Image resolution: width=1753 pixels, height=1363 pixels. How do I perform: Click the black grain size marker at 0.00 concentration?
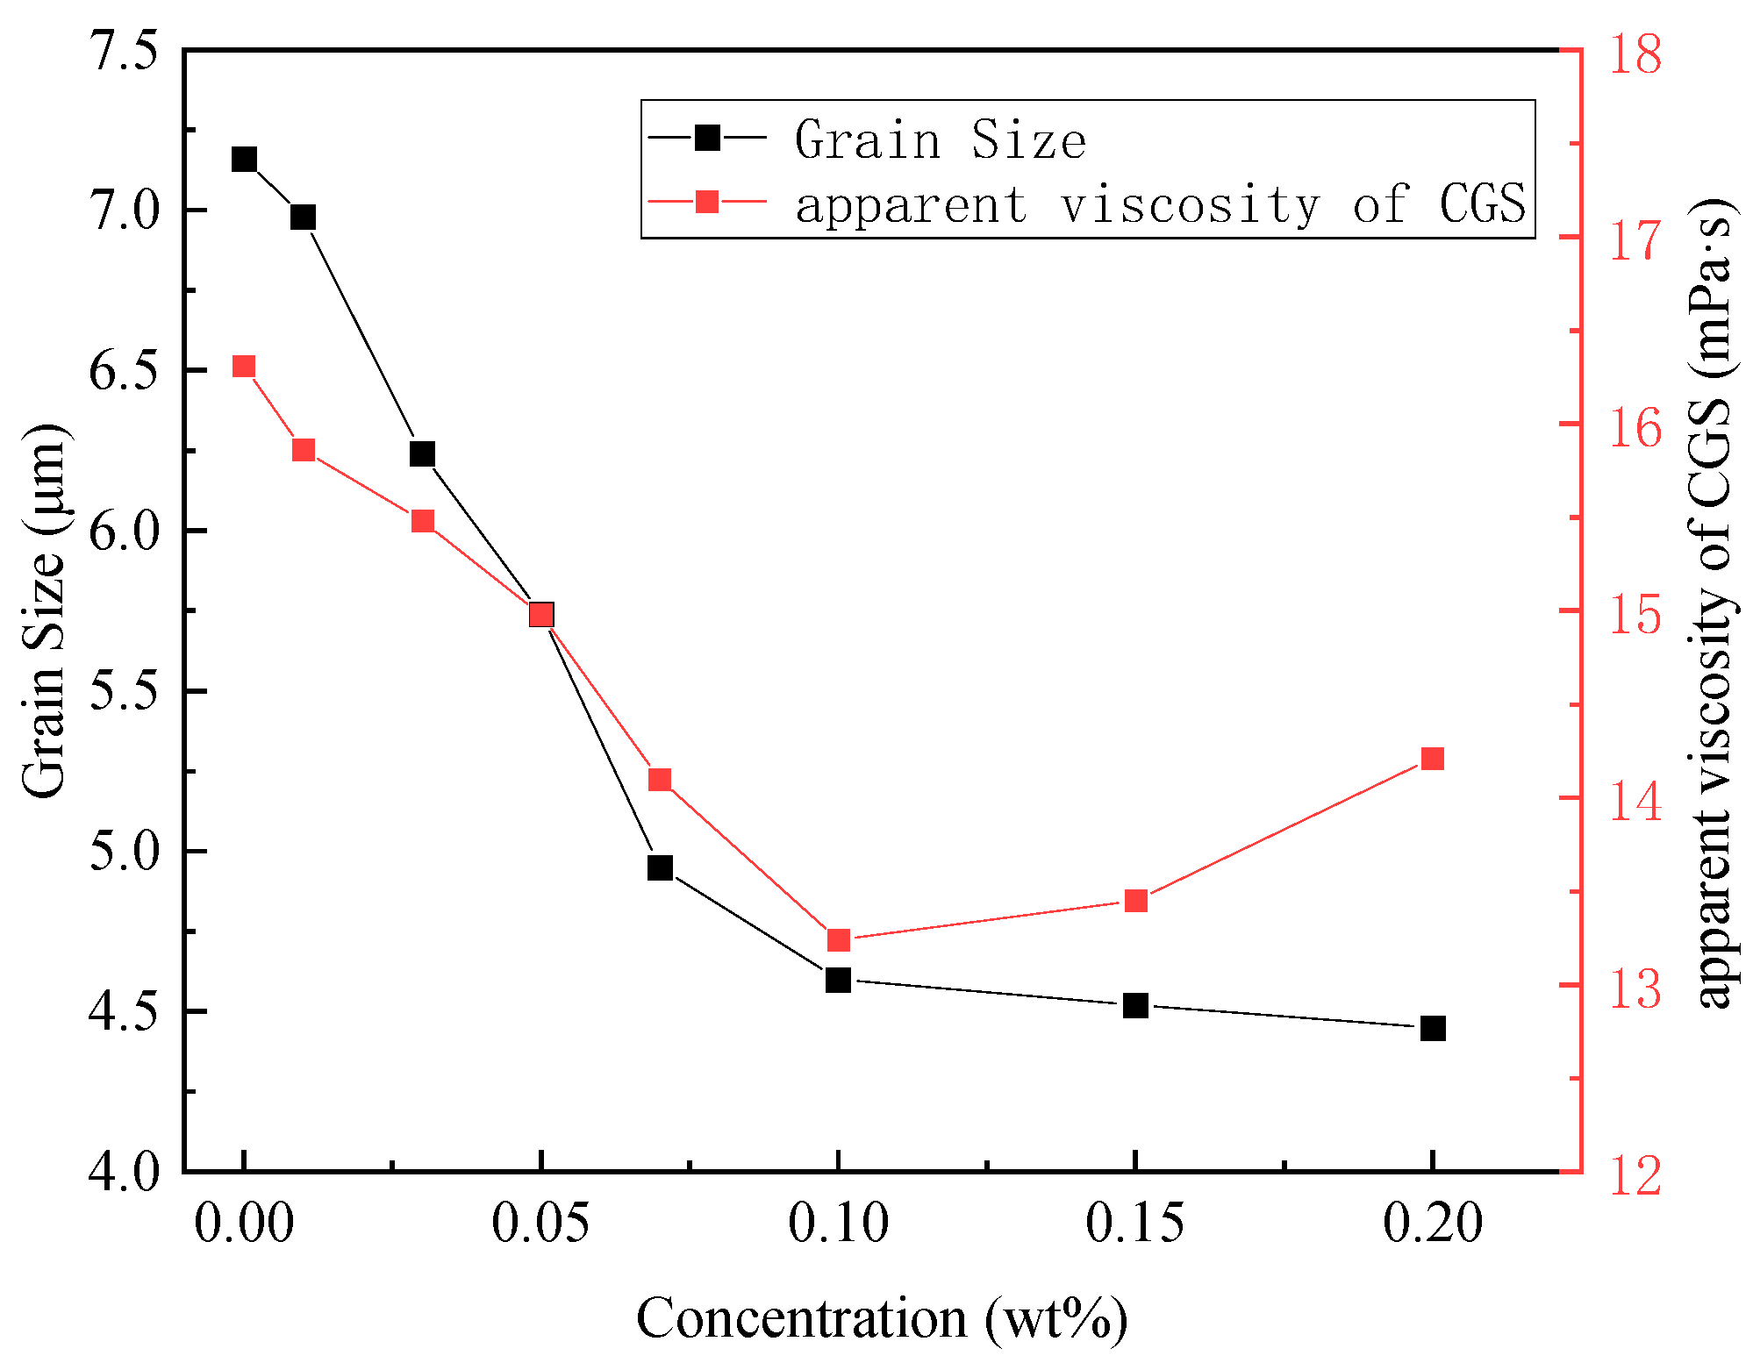pyautogui.click(x=244, y=160)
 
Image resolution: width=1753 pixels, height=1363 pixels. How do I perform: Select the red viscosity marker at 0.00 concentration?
pyautogui.click(x=244, y=367)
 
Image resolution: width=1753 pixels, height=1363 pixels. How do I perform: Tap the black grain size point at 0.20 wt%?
pyautogui.click(x=1432, y=1028)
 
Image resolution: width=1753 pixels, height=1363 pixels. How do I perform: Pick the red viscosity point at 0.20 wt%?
pyautogui.click(x=1432, y=759)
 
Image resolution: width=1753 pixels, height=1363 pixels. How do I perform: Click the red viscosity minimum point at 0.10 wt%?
pyautogui.click(x=839, y=940)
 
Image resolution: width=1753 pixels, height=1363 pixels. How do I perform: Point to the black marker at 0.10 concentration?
pyautogui.click(x=838, y=980)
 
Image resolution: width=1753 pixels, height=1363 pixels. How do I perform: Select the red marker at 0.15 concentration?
pyautogui.click(x=1135, y=901)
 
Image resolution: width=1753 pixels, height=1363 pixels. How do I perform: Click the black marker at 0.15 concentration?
pyautogui.click(x=1135, y=1005)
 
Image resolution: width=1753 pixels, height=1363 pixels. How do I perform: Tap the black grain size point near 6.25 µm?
pyautogui.click(x=423, y=454)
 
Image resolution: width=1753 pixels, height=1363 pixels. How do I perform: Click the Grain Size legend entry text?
pyautogui.click(x=941, y=140)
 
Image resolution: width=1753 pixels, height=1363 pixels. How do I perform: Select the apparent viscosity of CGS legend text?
pyautogui.click(x=1160, y=204)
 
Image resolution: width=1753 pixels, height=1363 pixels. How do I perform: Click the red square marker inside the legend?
pyautogui.click(x=707, y=203)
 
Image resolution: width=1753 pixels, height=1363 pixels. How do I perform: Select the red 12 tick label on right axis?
pyautogui.click(x=1634, y=1175)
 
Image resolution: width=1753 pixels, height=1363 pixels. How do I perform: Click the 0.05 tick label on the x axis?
pyautogui.click(x=540, y=1223)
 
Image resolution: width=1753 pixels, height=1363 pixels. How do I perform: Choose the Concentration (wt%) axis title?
pyautogui.click(x=881, y=1319)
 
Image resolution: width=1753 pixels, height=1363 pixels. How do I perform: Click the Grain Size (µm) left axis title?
pyautogui.click(x=44, y=610)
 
